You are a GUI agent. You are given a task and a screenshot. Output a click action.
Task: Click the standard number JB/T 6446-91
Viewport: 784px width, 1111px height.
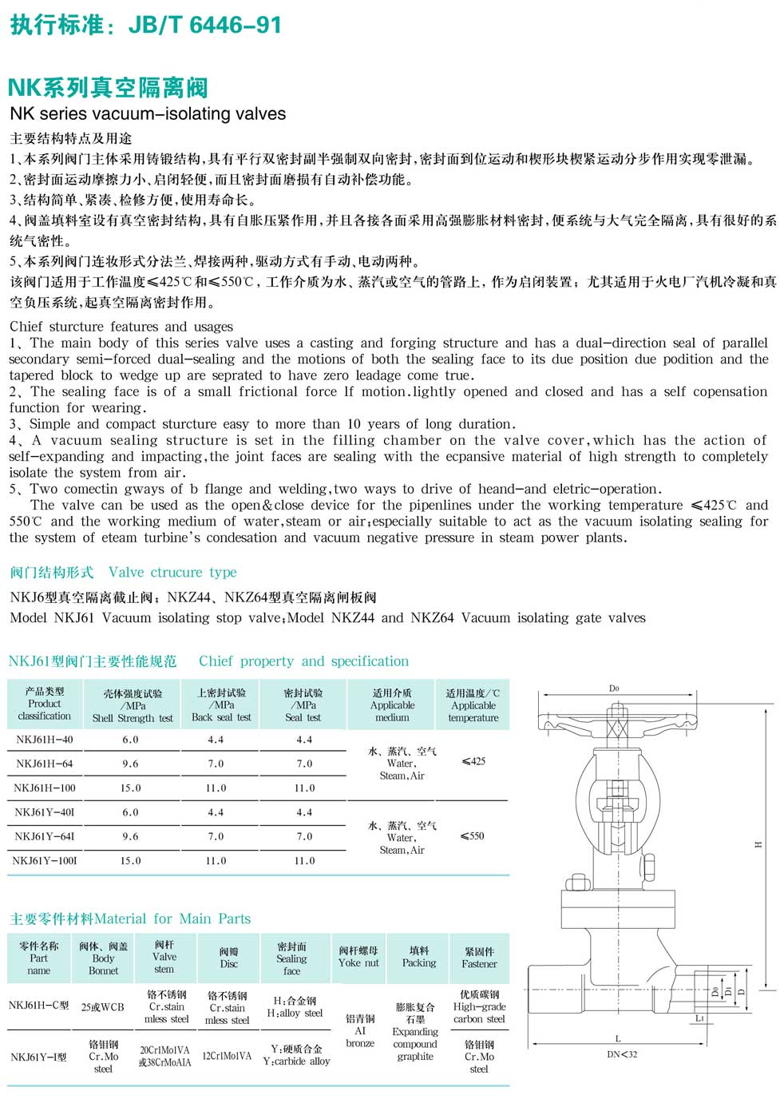[x=205, y=26]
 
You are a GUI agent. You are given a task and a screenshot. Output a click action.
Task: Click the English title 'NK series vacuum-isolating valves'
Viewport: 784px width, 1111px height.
[x=148, y=114]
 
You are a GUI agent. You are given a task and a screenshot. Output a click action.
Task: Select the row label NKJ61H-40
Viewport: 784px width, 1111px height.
[x=45, y=740]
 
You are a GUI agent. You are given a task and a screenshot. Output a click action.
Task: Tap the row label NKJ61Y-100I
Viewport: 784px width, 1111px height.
[x=45, y=861]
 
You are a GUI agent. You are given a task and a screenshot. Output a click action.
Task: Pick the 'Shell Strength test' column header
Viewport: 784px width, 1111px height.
[x=133, y=706]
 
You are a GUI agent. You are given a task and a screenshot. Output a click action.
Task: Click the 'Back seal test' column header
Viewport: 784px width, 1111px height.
[x=221, y=705]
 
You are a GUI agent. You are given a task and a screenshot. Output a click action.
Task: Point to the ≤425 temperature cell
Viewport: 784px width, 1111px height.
[x=473, y=761]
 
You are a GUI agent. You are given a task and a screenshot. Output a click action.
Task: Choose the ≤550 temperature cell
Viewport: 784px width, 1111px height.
[x=473, y=836]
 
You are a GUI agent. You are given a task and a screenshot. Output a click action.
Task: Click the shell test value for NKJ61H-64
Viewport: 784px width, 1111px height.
[x=130, y=764]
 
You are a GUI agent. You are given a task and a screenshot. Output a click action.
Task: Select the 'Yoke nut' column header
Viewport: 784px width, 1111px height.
[x=358, y=957]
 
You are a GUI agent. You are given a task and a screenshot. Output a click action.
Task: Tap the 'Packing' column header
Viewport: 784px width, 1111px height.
[x=419, y=957]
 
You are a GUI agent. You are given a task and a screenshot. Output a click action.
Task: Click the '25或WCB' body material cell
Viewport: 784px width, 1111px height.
[x=103, y=1007]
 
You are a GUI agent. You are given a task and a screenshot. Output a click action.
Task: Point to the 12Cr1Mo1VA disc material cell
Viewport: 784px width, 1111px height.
[x=227, y=1056]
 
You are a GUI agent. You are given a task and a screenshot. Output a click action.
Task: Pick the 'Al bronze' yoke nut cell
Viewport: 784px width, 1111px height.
[x=360, y=1030]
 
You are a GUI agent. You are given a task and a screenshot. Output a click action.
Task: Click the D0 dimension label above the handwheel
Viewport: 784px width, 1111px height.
[x=614, y=688]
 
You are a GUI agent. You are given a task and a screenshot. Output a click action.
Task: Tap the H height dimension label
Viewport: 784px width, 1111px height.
[x=758, y=844]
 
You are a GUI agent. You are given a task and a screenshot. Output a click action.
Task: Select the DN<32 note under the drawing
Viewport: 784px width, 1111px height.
[x=622, y=1055]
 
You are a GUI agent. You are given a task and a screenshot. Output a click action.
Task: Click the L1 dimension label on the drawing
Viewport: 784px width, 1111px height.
[x=699, y=1018]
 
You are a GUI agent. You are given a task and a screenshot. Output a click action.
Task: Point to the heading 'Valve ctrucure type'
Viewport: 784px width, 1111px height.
[x=172, y=573]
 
